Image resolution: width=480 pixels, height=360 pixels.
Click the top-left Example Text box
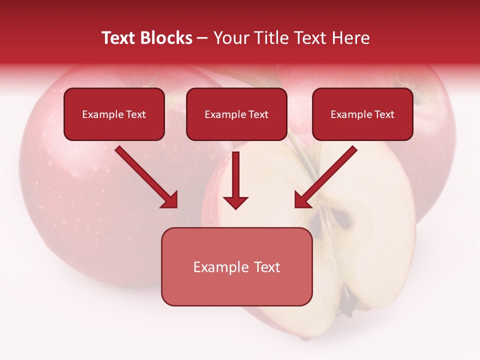114,114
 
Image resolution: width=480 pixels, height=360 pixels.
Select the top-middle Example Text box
236,114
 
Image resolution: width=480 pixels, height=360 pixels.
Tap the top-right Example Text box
362,114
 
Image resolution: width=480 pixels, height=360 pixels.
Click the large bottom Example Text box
236,266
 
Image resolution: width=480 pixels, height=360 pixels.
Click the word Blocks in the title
166,38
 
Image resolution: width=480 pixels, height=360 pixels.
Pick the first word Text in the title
118,38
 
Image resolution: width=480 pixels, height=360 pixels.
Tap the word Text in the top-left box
135,114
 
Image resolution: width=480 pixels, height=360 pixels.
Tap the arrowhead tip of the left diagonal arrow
176,206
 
